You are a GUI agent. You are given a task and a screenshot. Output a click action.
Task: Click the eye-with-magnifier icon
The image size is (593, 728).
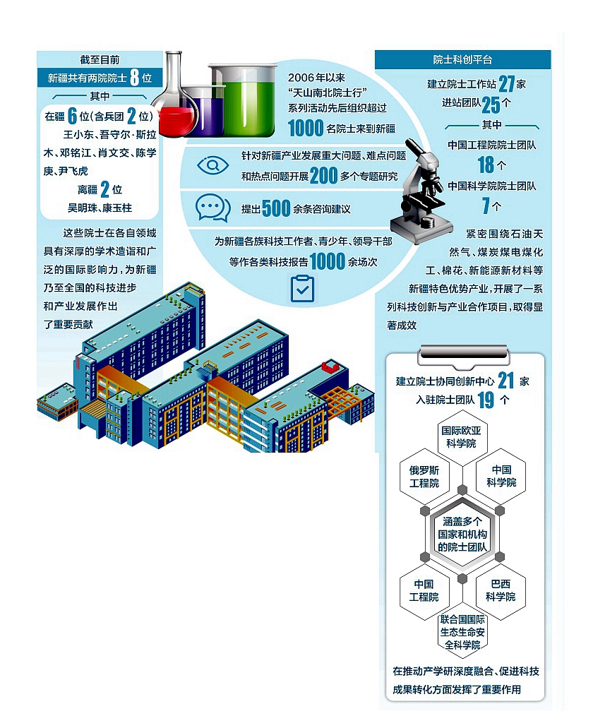click(x=212, y=165)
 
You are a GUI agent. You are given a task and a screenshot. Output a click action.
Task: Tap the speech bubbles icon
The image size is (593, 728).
click(x=213, y=208)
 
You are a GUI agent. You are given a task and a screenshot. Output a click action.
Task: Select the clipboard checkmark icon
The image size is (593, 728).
click(x=302, y=289)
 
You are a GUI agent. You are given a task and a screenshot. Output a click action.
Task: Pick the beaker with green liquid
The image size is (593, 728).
click(x=242, y=100)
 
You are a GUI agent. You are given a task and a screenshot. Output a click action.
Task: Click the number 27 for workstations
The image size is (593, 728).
click(x=507, y=84)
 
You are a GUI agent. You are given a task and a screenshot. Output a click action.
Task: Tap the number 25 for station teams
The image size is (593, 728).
click(x=491, y=105)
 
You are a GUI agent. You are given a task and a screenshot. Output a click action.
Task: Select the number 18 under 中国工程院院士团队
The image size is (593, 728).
click(x=486, y=165)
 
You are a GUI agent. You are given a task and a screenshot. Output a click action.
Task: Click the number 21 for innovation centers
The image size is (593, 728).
click(x=505, y=381)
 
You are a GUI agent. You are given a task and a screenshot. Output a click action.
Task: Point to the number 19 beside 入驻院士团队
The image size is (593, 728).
click(x=486, y=400)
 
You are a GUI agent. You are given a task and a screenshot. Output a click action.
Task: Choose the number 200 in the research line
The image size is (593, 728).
click(x=323, y=176)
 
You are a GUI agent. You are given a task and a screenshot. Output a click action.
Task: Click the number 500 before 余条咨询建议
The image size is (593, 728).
click(x=276, y=208)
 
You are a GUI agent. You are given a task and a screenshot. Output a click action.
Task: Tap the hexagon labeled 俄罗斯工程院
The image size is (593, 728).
click(x=424, y=477)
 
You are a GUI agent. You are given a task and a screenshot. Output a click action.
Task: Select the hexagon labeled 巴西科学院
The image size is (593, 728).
click(x=501, y=590)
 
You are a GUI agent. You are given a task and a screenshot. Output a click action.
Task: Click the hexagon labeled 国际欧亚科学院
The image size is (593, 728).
click(x=462, y=437)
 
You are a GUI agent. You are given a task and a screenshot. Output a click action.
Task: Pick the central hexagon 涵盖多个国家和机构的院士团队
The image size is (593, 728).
click(x=462, y=534)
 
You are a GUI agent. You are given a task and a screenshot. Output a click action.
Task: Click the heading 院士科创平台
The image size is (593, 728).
click(x=462, y=60)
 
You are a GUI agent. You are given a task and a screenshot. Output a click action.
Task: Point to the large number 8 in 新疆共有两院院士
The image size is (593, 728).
click(x=135, y=78)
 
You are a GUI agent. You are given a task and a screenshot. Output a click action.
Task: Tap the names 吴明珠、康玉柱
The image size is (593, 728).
click(x=100, y=208)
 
